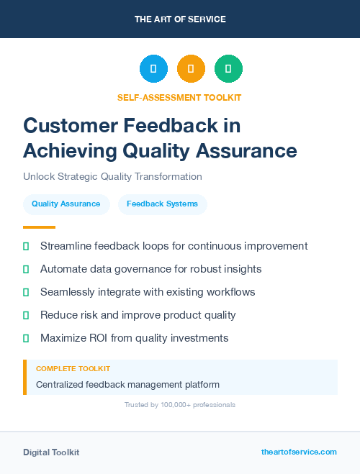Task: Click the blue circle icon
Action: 153,68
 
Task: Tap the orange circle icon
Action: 191,68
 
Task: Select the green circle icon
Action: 228,68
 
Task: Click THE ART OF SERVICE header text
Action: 180,19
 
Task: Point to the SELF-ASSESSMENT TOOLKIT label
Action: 179,97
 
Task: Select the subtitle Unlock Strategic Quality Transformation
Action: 112,176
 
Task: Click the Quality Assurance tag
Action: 66,204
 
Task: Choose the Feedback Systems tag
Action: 162,204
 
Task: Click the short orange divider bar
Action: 34,227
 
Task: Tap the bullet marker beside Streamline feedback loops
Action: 26,246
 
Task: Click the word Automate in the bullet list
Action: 65,269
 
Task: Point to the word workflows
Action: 230,292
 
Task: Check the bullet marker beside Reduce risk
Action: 26,315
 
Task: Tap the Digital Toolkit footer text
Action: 51,452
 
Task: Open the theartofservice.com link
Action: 299,452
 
